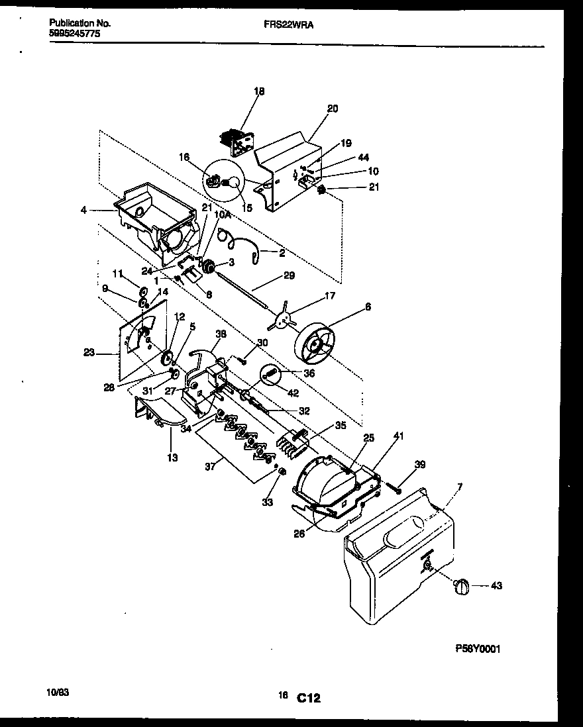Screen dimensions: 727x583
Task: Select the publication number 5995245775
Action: (75, 32)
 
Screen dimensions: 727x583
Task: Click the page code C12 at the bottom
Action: (309, 697)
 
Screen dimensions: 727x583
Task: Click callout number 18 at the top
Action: (259, 92)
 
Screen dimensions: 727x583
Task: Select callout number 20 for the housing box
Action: (333, 109)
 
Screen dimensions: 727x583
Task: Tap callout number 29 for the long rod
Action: (289, 275)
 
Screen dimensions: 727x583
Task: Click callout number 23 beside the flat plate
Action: (89, 353)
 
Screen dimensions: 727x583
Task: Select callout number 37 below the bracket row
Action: (209, 467)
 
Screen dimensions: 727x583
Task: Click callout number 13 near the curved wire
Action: (172, 457)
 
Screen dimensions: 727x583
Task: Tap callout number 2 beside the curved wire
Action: (282, 252)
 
